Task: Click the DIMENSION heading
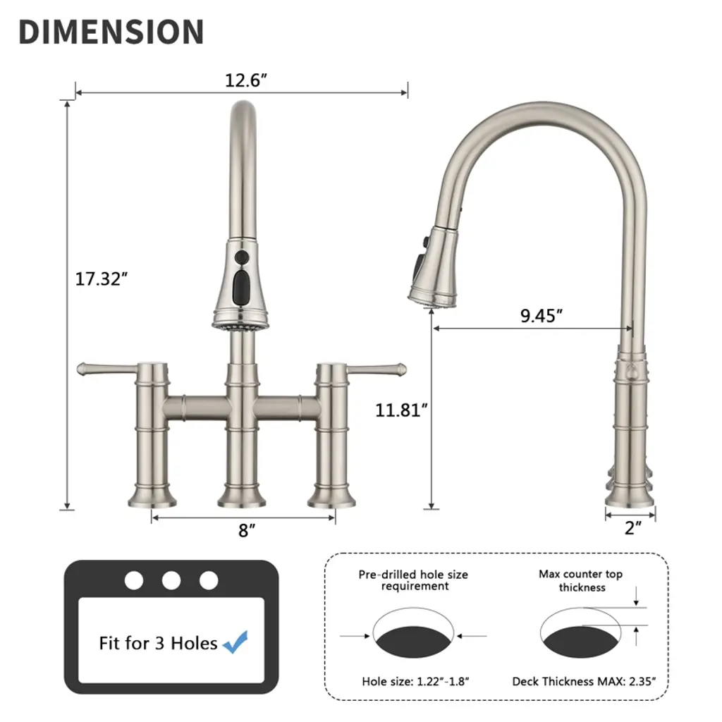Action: coord(111,32)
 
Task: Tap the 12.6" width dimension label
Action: coord(245,80)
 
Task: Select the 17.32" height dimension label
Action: coord(101,279)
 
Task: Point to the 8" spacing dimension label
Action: coord(247,530)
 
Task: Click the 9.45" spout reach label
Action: coord(541,316)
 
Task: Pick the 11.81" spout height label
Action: coord(401,410)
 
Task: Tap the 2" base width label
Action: coord(633,527)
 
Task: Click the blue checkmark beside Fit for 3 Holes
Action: coord(235,642)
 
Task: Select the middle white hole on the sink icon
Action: coord(171,581)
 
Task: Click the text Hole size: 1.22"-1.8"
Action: coord(415,682)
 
